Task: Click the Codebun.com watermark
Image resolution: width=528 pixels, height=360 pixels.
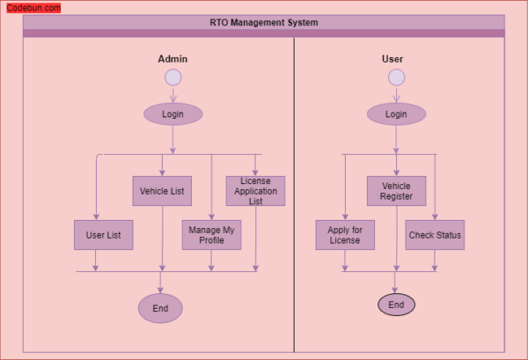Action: tap(33, 8)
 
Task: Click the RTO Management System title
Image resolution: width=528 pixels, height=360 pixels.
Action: tap(264, 22)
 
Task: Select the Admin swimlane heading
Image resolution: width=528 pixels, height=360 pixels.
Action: tap(172, 59)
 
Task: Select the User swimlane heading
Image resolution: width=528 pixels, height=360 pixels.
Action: tap(392, 59)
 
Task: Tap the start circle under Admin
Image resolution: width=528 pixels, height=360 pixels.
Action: tap(172, 77)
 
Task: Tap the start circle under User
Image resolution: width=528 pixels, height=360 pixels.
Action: tap(396, 77)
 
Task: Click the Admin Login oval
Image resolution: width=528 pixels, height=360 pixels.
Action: tap(172, 114)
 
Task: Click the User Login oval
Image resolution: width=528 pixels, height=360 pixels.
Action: tap(396, 114)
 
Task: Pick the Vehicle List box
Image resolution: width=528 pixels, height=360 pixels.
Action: tap(161, 191)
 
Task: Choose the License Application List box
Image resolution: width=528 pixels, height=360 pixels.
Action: tap(255, 191)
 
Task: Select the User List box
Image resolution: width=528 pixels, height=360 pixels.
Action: tap(103, 235)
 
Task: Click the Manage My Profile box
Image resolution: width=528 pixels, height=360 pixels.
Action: tap(211, 235)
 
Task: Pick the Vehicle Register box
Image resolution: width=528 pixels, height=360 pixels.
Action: tap(396, 191)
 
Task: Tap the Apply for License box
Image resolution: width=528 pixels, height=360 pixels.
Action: tap(345, 235)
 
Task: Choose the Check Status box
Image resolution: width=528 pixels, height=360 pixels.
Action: tap(435, 235)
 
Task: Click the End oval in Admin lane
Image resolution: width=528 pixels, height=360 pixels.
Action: tap(160, 308)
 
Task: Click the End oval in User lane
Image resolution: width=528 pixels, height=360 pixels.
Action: tap(396, 305)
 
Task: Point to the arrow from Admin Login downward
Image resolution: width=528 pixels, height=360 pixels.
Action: tap(172, 139)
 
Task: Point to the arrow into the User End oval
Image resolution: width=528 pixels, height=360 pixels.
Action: tap(396, 283)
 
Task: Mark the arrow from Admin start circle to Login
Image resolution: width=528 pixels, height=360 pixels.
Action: tap(172, 95)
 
